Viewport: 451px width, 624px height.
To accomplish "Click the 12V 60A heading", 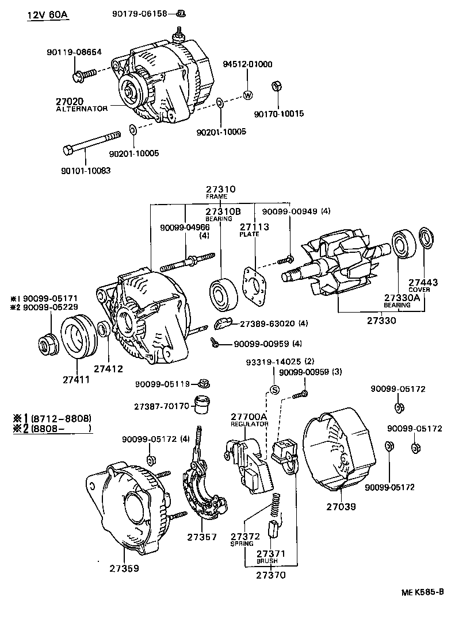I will point(48,14).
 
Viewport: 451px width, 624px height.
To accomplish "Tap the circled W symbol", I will point(248,95).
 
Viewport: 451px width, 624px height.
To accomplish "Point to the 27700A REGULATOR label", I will point(249,419).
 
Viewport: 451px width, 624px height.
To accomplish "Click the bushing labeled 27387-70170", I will point(201,405).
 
